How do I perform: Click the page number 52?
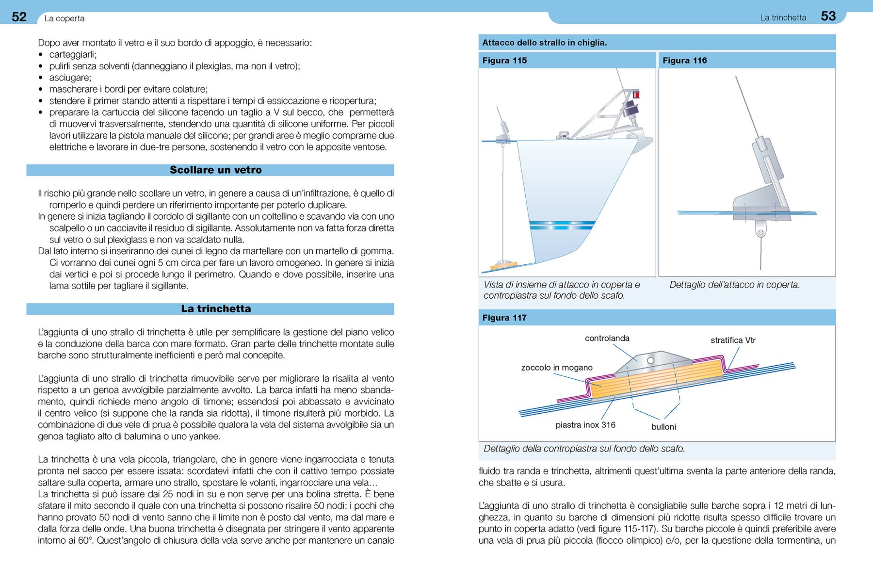19,17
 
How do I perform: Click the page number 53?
828,16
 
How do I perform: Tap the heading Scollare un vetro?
215,170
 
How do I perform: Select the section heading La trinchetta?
216,309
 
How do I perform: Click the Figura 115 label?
504,61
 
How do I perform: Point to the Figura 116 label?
684,61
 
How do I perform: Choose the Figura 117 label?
504,318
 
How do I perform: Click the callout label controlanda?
607,339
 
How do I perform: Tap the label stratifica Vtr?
733,340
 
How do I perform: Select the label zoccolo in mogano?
557,368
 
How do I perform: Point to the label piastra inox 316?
585,425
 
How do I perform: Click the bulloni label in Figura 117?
663,427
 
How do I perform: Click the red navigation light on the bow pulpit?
636,95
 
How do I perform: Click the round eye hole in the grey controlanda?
650,360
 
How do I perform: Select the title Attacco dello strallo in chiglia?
544,43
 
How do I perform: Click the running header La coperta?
65,18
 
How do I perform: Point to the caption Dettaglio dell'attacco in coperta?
734,285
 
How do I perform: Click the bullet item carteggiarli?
73,55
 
